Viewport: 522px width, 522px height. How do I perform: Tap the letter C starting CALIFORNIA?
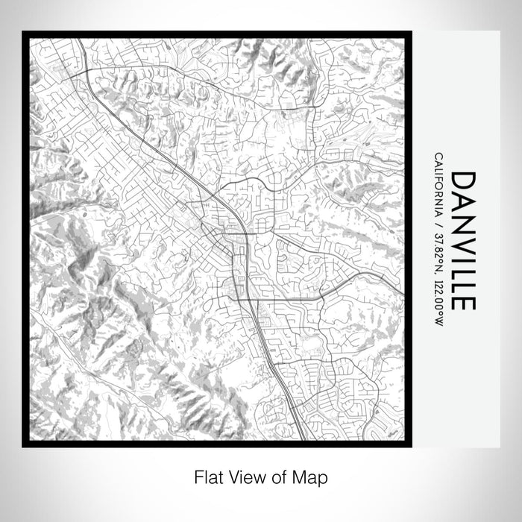click(437, 157)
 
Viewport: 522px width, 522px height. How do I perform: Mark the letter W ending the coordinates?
click(437, 321)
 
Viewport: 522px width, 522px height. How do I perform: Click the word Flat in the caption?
click(208, 475)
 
